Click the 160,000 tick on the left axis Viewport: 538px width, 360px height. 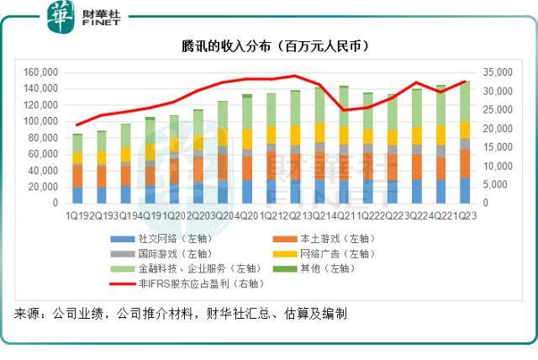[x=40, y=72]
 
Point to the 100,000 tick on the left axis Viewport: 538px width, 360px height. [x=40, y=121]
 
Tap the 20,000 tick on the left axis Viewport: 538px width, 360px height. [x=43, y=187]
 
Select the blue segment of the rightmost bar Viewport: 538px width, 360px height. [x=465, y=190]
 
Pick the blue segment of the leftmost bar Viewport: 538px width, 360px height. [x=77, y=194]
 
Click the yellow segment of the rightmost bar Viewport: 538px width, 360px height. [x=465, y=129]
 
